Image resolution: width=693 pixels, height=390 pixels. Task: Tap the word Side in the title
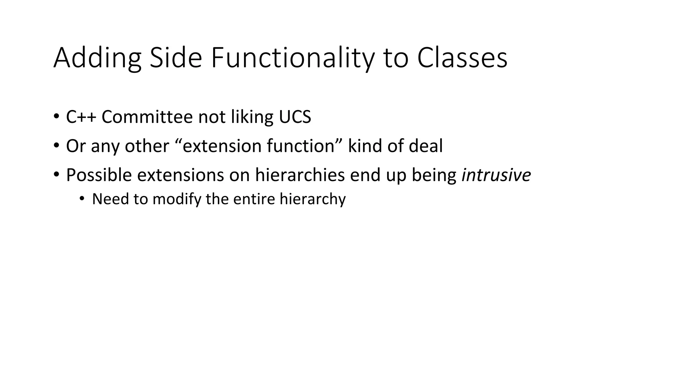point(176,58)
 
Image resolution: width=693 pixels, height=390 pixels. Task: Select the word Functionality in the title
point(293,58)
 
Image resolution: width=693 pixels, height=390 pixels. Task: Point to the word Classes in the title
point(462,58)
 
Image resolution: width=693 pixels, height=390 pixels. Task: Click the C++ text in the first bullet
point(81,117)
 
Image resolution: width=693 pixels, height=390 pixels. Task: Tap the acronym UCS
point(295,117)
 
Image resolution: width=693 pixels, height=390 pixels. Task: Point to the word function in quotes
point(300,146)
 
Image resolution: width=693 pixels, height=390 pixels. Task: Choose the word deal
point(426,146)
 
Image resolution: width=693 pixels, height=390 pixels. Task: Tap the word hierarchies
point(300,175)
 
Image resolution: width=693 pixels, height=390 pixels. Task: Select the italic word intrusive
point(496,175)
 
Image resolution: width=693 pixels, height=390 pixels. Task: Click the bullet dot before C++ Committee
point(56,117)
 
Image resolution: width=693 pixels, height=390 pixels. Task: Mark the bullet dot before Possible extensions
point(56,175)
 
